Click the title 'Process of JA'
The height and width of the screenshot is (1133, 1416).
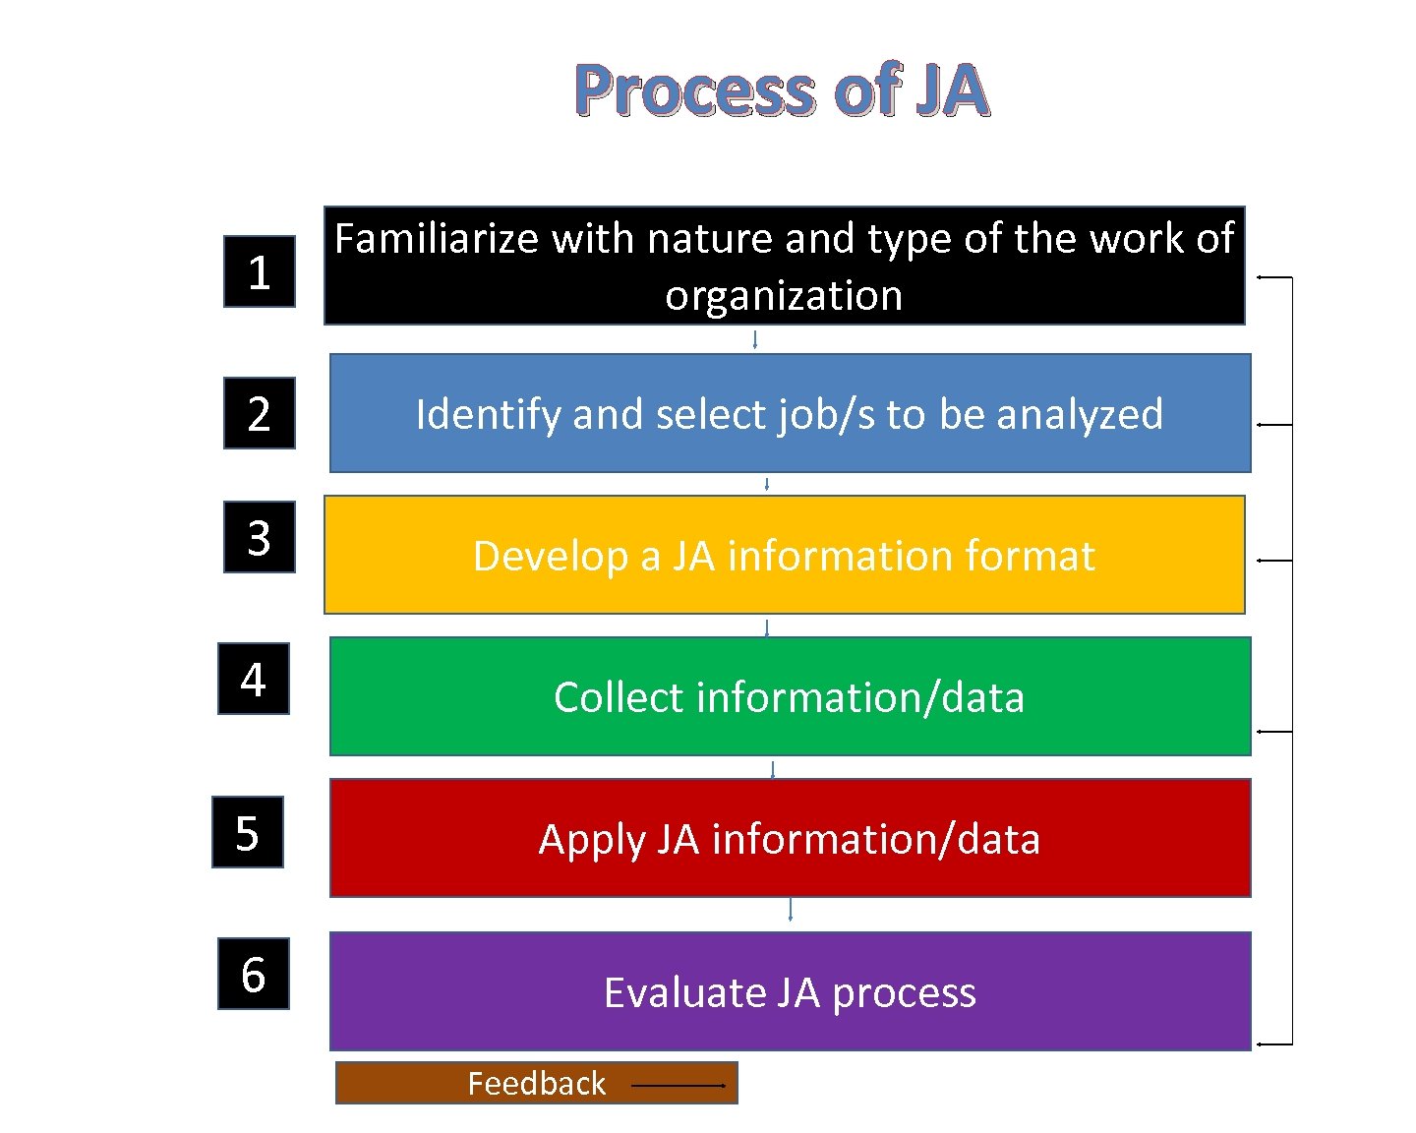coord(781,90)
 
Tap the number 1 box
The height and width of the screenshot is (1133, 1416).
coord(259,271)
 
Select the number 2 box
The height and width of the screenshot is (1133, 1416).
coord(259,413)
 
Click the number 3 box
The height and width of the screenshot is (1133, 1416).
coord(259,537)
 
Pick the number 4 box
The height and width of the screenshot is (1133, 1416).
coord(253,679)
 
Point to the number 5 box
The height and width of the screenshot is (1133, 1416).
coord(247,832)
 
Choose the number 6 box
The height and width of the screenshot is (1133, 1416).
coord(253,974)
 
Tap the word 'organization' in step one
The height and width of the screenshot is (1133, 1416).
coord(784,295)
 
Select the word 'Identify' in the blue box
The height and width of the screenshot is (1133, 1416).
coord(488,414)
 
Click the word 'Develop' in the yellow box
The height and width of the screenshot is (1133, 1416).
coord(550,556)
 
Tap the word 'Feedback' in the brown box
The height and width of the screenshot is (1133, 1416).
coord(536,1083)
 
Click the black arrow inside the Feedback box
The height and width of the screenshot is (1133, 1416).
coord(678,1085)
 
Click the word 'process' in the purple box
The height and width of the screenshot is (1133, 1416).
coord(904,993)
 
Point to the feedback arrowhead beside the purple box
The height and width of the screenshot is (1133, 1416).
coord(1261,1044)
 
